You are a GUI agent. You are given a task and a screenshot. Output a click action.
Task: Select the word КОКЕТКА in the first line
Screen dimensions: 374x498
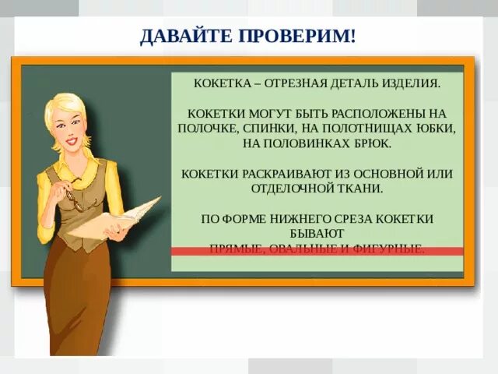(221, 82)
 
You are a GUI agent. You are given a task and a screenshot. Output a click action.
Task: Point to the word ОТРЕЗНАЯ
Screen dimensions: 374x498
(303, 82)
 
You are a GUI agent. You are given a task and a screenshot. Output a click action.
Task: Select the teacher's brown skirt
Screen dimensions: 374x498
(86, 304)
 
